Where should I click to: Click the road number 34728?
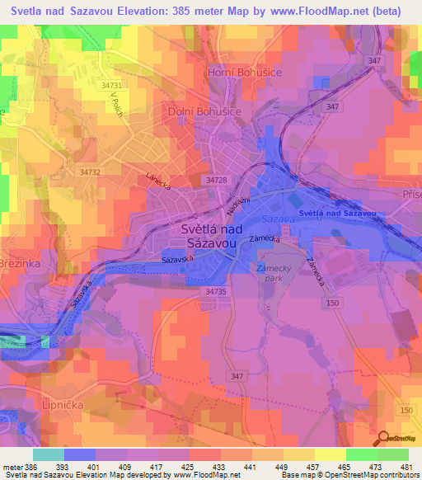[218, 180]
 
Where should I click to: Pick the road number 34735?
[216, 291]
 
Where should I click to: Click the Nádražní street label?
[239, 200]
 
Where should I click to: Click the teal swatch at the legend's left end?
[48, 454]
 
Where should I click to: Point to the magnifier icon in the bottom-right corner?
[383, 438]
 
